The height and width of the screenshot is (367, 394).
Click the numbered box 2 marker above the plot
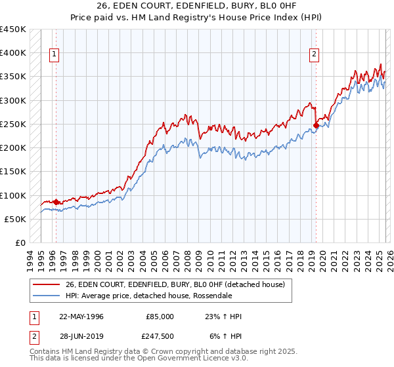tap(315, 54)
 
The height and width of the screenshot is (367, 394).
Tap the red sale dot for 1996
tap(56, 203)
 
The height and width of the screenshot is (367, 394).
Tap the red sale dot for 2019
tap(316, 125)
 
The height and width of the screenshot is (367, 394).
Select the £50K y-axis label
tap(16, 219)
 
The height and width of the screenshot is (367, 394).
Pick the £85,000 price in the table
tap(160, 317)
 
